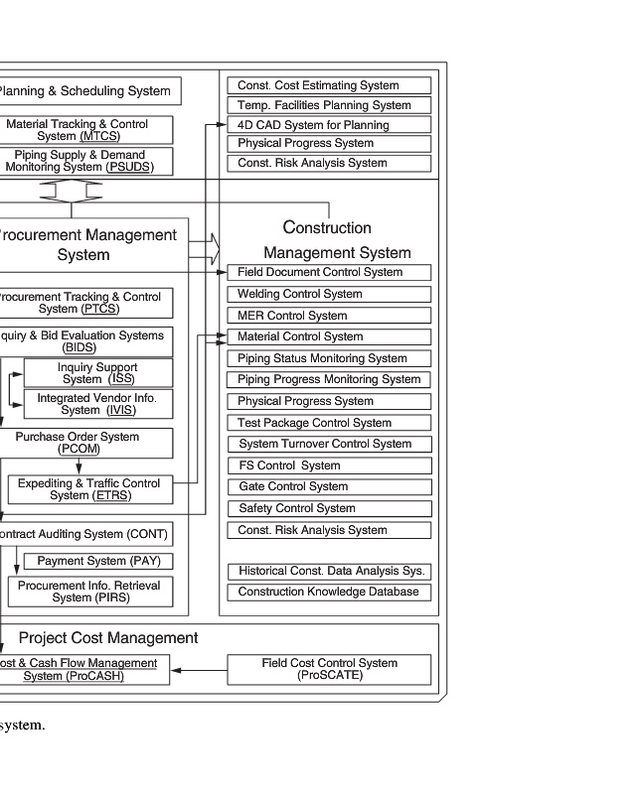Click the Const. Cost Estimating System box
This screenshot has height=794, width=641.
329,85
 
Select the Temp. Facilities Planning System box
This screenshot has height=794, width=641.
329,105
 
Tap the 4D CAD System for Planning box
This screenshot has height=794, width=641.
329,125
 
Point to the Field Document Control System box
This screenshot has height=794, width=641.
329,272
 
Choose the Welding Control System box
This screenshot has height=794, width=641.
329,294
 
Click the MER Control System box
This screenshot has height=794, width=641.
329,316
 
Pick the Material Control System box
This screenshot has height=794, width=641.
329,336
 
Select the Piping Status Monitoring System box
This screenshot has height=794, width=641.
329,358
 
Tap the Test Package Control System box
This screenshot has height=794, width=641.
329,423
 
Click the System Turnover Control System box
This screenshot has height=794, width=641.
329,444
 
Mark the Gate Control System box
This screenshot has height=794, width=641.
329,486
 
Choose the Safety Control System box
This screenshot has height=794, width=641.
329,508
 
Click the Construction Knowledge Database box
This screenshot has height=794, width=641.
329,592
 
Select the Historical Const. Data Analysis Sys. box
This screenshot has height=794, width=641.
329,571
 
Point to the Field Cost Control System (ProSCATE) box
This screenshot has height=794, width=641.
329,669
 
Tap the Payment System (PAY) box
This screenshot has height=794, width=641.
97,561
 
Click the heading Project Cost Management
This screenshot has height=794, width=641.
108,638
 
